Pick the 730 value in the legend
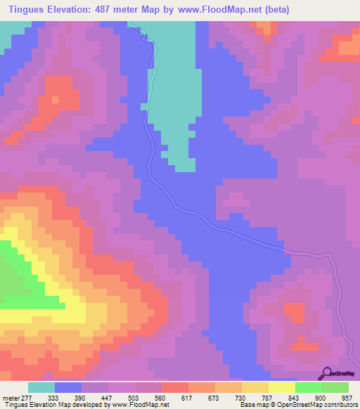[241, 397]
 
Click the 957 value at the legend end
[348, 397]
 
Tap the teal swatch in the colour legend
[41, 387]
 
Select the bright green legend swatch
[308, 387]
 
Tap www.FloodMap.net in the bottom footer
[131, 405]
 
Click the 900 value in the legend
[321, 397]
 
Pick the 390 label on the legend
[81, 397]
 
